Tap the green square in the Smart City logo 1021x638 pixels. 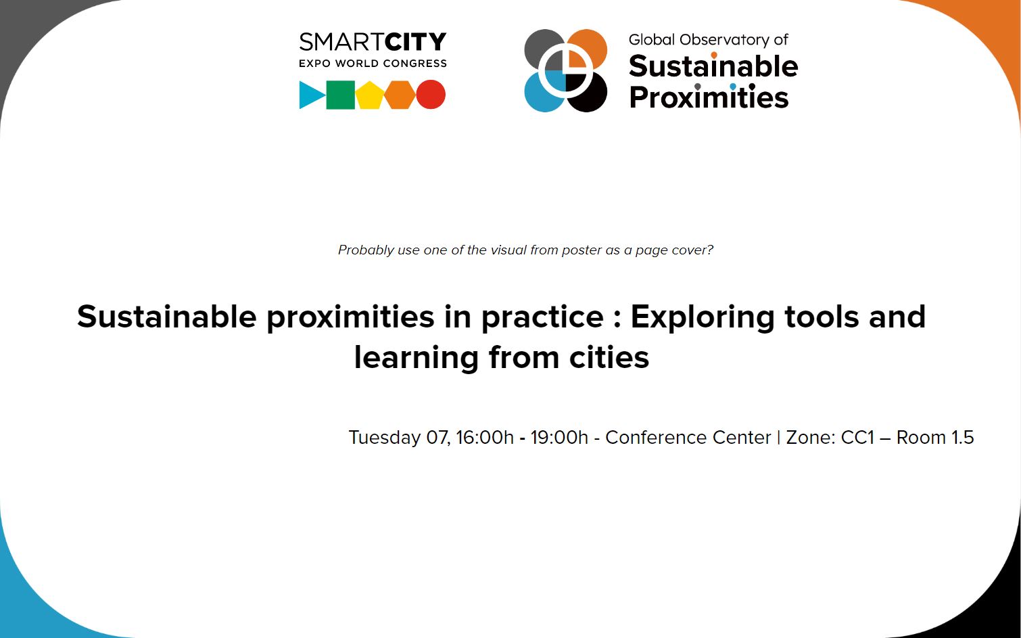pyautogui.click(x=341, y=95)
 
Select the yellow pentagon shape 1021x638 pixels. pyautogui.click(x=370, y=95)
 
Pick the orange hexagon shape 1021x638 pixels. pyautogui.click(x=400, y=95)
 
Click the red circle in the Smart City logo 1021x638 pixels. pyautogui.click(x=431, y=95)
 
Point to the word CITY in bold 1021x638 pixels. pyautogui.click(x=415, y=42)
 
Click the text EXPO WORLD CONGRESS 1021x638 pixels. pyautogui.click(x=373, y=64)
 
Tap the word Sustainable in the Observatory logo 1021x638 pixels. pyautogui.click(x=713, y=66)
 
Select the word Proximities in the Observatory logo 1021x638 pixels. pyautogui.click(x=709, y=97)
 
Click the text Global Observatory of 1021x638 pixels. pyautogui.click(x=709, y=40)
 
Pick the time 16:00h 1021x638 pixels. pyautogui.click(x=485, y=437)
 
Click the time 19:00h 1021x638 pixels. pyautogui.click(x=559, y=437)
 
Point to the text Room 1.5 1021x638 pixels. pyautogui.click(x=935, y=437)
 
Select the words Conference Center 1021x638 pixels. pyautogui.click(x=688, y=437)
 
